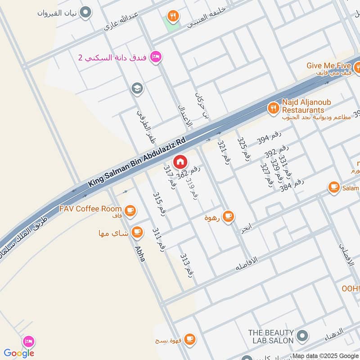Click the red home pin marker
coord(180,161)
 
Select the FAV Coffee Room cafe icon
coord(130,209)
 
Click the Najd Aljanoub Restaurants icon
coord(273,107)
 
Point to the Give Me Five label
coord(328,65)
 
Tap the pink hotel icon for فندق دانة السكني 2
coord(156,56)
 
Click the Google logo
coord(19,353)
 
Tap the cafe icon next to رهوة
coord(228,216)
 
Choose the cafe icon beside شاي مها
coord(137,233)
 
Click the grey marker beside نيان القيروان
coord(86,13)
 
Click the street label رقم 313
coord(187,265)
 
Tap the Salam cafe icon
coord(334,187)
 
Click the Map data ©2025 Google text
coord(325,355)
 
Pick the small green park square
coord(171,25)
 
